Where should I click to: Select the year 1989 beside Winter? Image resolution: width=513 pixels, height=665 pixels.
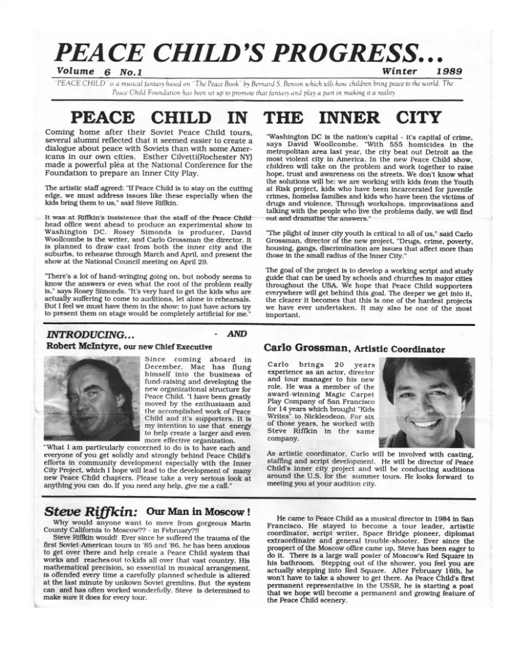[448, 71]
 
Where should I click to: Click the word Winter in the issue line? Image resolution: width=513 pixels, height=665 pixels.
[399, 71]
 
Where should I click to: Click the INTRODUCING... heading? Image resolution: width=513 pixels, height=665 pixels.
[90, 334]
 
